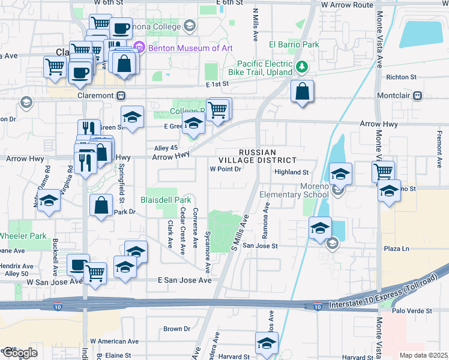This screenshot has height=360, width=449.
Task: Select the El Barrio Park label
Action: tap(294, 44)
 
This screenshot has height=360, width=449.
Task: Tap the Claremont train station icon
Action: tap(121, 95)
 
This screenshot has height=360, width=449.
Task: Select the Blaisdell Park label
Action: tap(166, 199)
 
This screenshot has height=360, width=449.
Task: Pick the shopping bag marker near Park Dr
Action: tap(101, 205)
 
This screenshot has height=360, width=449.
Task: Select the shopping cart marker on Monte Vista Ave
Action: tap(382, 172)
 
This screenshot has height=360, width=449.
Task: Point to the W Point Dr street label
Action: tap(225, 169)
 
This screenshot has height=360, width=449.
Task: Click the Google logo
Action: tap(19, 353)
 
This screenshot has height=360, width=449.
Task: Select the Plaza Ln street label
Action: tap(396, 248)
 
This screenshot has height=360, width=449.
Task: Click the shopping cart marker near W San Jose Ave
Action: tap(95, 273)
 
